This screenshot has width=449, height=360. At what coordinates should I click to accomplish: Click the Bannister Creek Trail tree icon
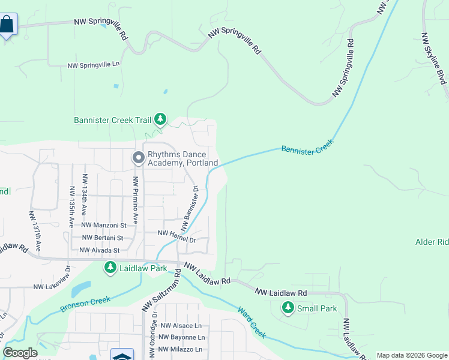160,119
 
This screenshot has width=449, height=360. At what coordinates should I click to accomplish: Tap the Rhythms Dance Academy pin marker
138,158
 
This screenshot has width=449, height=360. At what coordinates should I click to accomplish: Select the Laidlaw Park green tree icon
110,268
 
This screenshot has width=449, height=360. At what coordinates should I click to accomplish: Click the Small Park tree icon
288,308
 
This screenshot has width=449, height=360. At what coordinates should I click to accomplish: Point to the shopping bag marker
7,25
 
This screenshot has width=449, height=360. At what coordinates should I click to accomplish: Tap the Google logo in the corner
20,352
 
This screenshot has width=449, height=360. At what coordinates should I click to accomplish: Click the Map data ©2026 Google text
411,355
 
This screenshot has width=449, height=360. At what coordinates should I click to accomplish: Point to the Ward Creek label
251,322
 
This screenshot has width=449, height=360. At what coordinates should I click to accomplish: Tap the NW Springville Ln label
94,65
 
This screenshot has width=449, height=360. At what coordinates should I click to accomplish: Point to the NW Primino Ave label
136,200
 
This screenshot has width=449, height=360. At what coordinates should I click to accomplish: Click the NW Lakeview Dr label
52,282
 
